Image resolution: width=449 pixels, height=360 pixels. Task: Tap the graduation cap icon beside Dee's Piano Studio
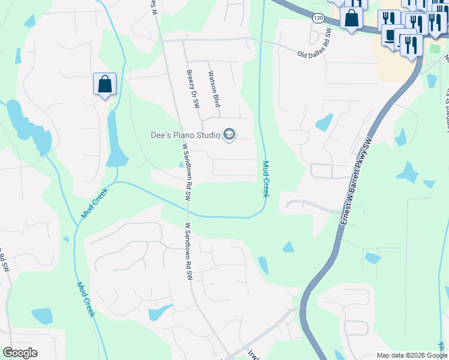[x=229, y=135]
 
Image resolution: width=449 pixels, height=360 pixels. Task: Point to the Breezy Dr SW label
[x=192, y=89]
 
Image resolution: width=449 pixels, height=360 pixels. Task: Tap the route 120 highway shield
[x=318, y=19]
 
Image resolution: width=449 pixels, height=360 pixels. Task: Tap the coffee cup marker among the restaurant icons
[x=393, y=35]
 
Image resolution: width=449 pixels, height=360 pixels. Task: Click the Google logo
[x=20, y=353]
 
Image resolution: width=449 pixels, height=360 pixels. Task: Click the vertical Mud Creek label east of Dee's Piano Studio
[x=265, y=179]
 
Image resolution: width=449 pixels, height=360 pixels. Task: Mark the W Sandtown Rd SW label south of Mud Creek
[x=188, y=251]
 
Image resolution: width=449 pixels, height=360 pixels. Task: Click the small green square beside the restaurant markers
[x=435, y=47]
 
